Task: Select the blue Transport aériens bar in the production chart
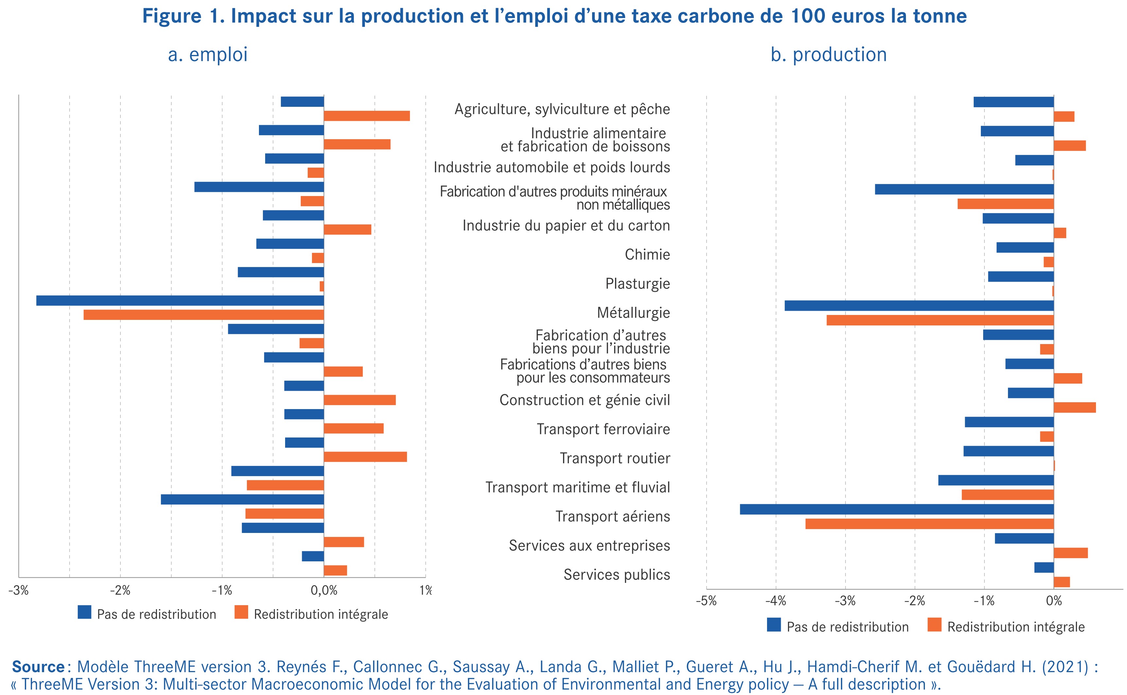(896, 509)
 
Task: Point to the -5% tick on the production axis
(706, 601)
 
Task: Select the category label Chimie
(647, 255)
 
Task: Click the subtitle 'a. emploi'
(208, 55)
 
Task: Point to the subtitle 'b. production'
(828, 55)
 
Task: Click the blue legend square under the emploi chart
(85, 612)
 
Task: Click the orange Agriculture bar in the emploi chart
(367, 116)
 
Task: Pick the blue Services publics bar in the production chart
(1044, 568)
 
